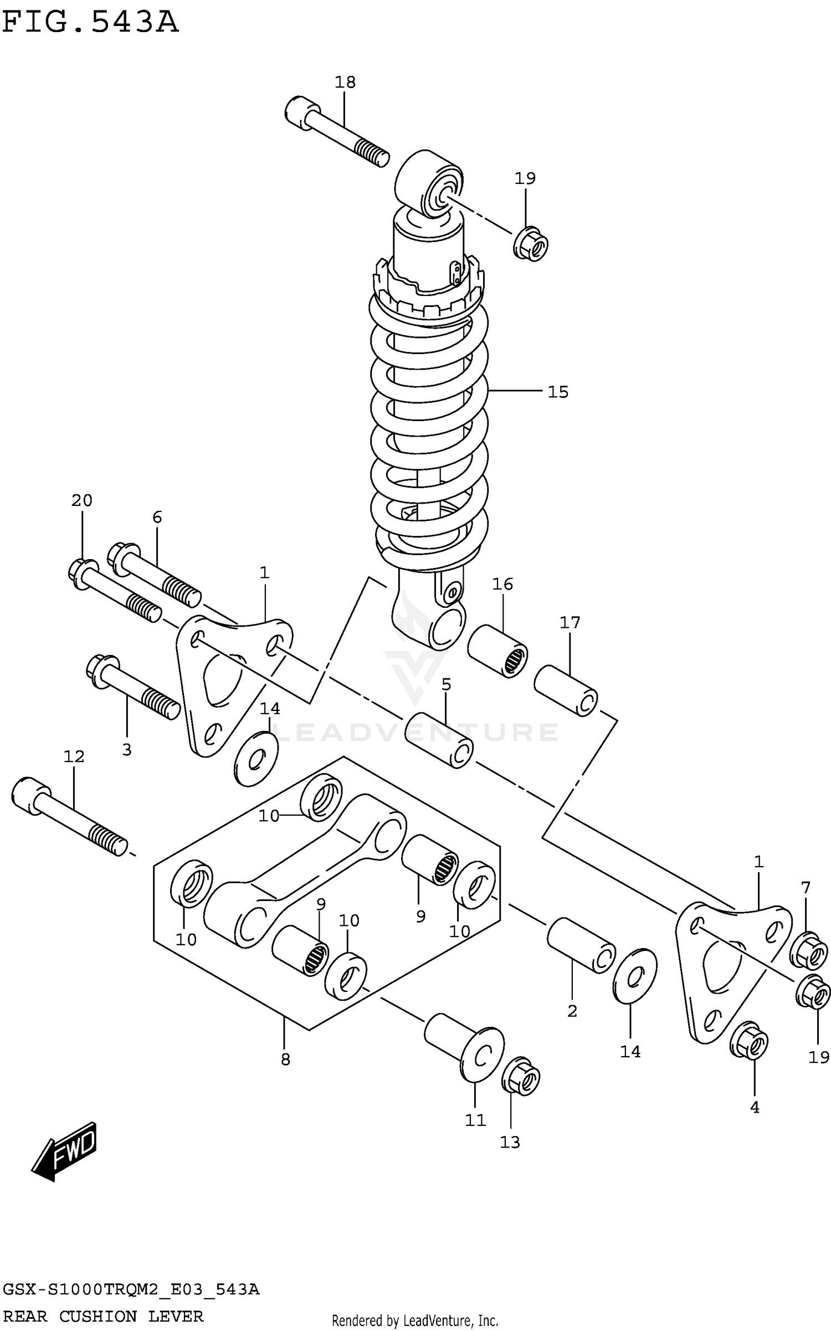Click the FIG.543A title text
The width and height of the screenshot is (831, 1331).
(90, 23)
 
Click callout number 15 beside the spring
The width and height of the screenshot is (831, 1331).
(558, 392)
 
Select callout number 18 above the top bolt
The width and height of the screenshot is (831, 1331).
(345, 82)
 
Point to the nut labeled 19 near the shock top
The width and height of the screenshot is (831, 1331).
(531, 244)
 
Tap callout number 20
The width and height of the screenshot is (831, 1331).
(81, 500)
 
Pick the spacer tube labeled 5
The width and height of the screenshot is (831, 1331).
(439, 740)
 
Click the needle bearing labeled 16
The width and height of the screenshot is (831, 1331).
(497, 651)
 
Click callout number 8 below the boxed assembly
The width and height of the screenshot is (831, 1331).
(285, 1059)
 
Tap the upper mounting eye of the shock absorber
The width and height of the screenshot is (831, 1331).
(429, 183)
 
